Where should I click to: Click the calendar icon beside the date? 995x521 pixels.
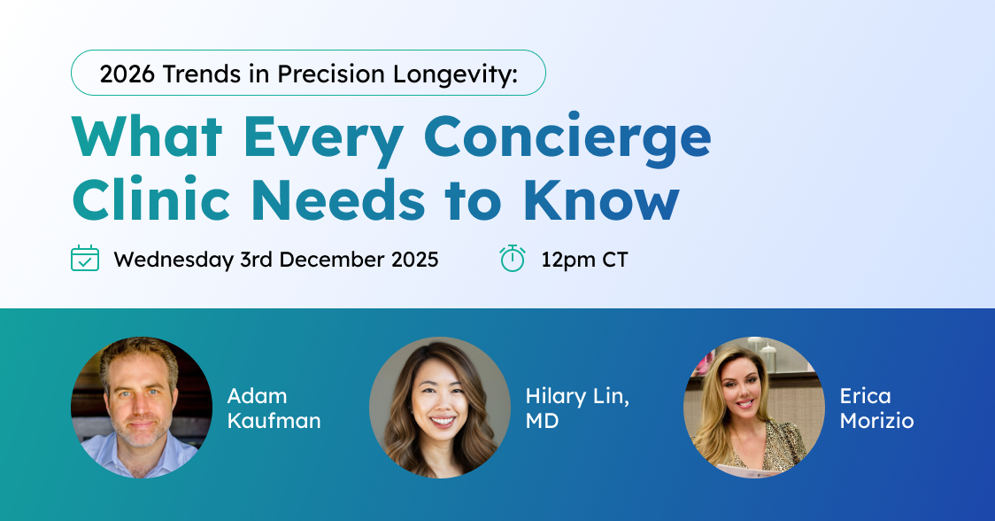[85, 259]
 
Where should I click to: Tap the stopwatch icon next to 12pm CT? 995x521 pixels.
[513, 259]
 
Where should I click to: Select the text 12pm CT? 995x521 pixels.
[584, 260]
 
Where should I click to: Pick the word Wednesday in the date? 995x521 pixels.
[174, 260]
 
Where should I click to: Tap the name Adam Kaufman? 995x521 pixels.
[274, 408]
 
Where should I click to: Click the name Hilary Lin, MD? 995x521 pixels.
[577, 408]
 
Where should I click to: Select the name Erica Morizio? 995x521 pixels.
[876, 408]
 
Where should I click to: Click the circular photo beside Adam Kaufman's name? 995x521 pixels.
[142, 408]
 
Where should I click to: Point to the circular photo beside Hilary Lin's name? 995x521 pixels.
[440, 408]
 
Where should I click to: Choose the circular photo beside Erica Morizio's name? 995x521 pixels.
[754, 408]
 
